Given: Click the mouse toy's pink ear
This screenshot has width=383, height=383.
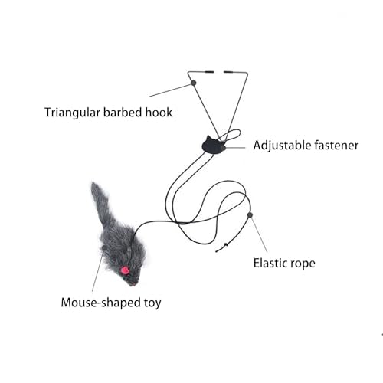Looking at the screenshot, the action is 125,270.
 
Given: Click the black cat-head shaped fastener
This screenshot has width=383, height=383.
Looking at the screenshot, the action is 213,145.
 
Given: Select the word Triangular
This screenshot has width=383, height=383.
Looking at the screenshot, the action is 72,113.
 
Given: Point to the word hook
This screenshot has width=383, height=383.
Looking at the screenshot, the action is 159,113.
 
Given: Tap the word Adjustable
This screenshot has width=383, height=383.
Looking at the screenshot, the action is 282,146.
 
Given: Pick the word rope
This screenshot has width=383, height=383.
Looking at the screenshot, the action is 305,264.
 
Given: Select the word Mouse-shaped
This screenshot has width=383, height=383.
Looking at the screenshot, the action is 101,303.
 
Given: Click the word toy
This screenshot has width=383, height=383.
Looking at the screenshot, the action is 152,303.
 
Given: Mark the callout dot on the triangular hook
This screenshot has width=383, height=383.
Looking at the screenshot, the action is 194,83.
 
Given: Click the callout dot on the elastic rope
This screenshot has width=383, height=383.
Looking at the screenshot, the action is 250,215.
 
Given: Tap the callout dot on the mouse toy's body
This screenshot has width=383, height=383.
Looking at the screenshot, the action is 104,248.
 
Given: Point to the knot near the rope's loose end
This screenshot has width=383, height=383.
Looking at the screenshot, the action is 225,245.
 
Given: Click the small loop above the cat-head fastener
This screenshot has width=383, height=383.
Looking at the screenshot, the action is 231,135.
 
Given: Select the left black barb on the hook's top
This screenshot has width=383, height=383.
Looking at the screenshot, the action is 209,72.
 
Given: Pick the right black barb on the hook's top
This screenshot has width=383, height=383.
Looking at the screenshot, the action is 229,72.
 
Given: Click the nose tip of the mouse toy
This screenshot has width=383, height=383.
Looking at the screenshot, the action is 133,283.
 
